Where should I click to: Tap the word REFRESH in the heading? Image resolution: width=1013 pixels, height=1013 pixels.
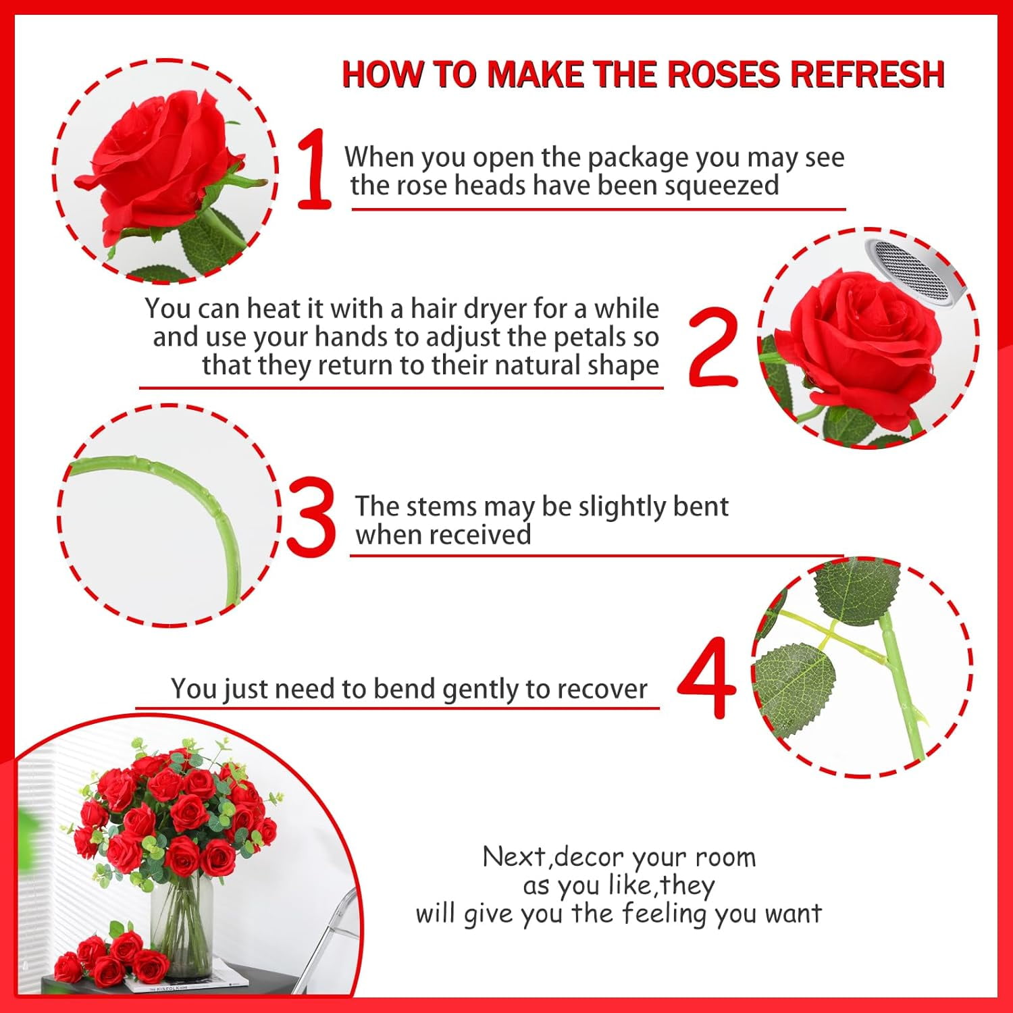pyautogui.click(x=868, y=74)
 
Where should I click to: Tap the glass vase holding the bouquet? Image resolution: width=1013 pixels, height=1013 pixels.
pyautogui.click(x=182, y=925)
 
